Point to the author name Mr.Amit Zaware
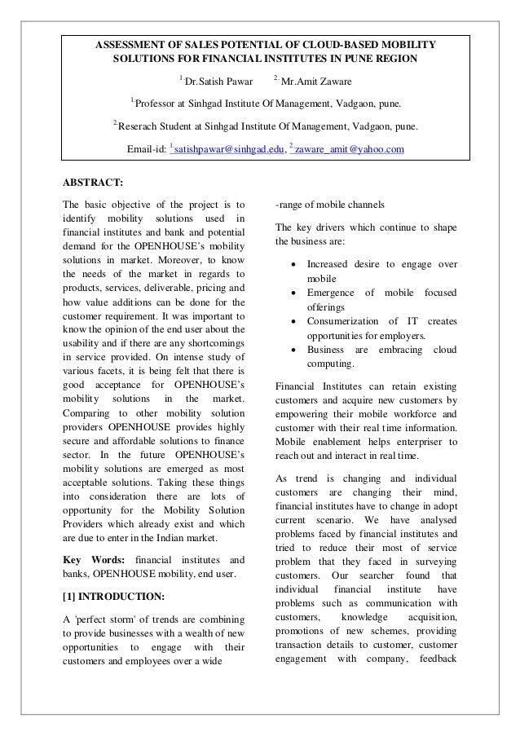(313, 82)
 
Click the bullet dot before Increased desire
(291, 265)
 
